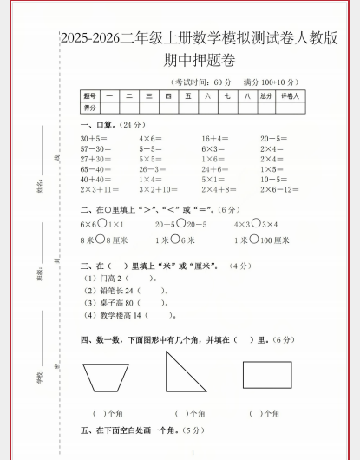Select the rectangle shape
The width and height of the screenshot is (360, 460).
(265, 375)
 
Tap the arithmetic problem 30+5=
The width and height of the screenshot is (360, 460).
(94, 139)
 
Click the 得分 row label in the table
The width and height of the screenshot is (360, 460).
(89, 108)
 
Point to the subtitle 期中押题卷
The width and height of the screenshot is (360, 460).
(199, 61)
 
